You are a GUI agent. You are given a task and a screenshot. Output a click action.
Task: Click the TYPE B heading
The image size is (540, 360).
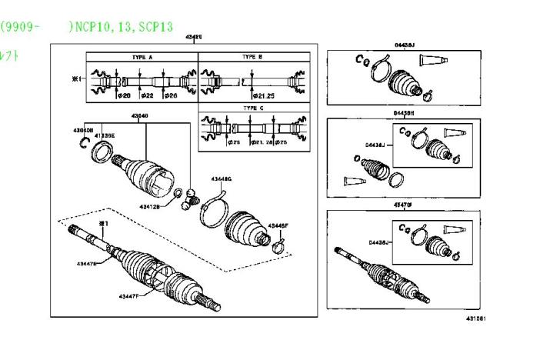252,57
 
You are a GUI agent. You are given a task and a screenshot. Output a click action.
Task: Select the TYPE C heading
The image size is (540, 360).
252,108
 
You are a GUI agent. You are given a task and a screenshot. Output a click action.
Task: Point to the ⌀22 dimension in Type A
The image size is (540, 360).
148,95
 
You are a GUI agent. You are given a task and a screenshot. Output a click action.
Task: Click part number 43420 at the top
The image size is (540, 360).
194,37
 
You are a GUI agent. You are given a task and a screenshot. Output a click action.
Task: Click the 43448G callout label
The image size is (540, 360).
221,179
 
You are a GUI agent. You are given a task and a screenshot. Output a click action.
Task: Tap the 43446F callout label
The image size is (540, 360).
278,225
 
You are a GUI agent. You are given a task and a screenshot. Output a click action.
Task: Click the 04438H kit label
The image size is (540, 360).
403,113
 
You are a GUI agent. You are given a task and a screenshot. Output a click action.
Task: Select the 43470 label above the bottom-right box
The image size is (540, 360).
403,205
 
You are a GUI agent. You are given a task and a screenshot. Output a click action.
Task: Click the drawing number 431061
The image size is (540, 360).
475,318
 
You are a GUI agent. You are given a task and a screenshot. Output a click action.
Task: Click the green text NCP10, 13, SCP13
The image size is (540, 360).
118,25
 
